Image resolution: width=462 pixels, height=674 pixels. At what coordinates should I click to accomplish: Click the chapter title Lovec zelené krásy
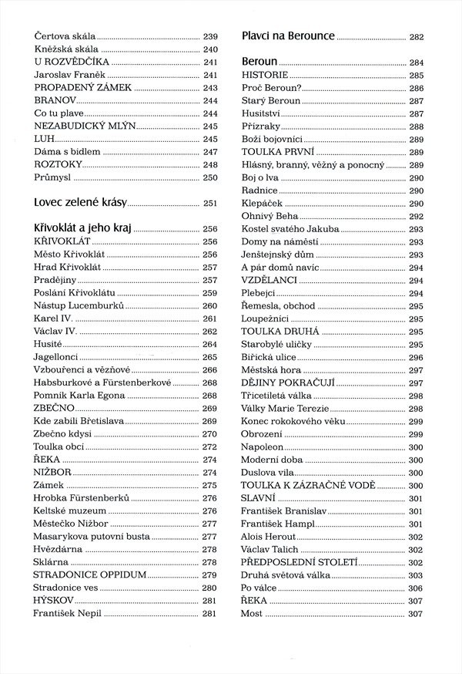click(x=80, y=203)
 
